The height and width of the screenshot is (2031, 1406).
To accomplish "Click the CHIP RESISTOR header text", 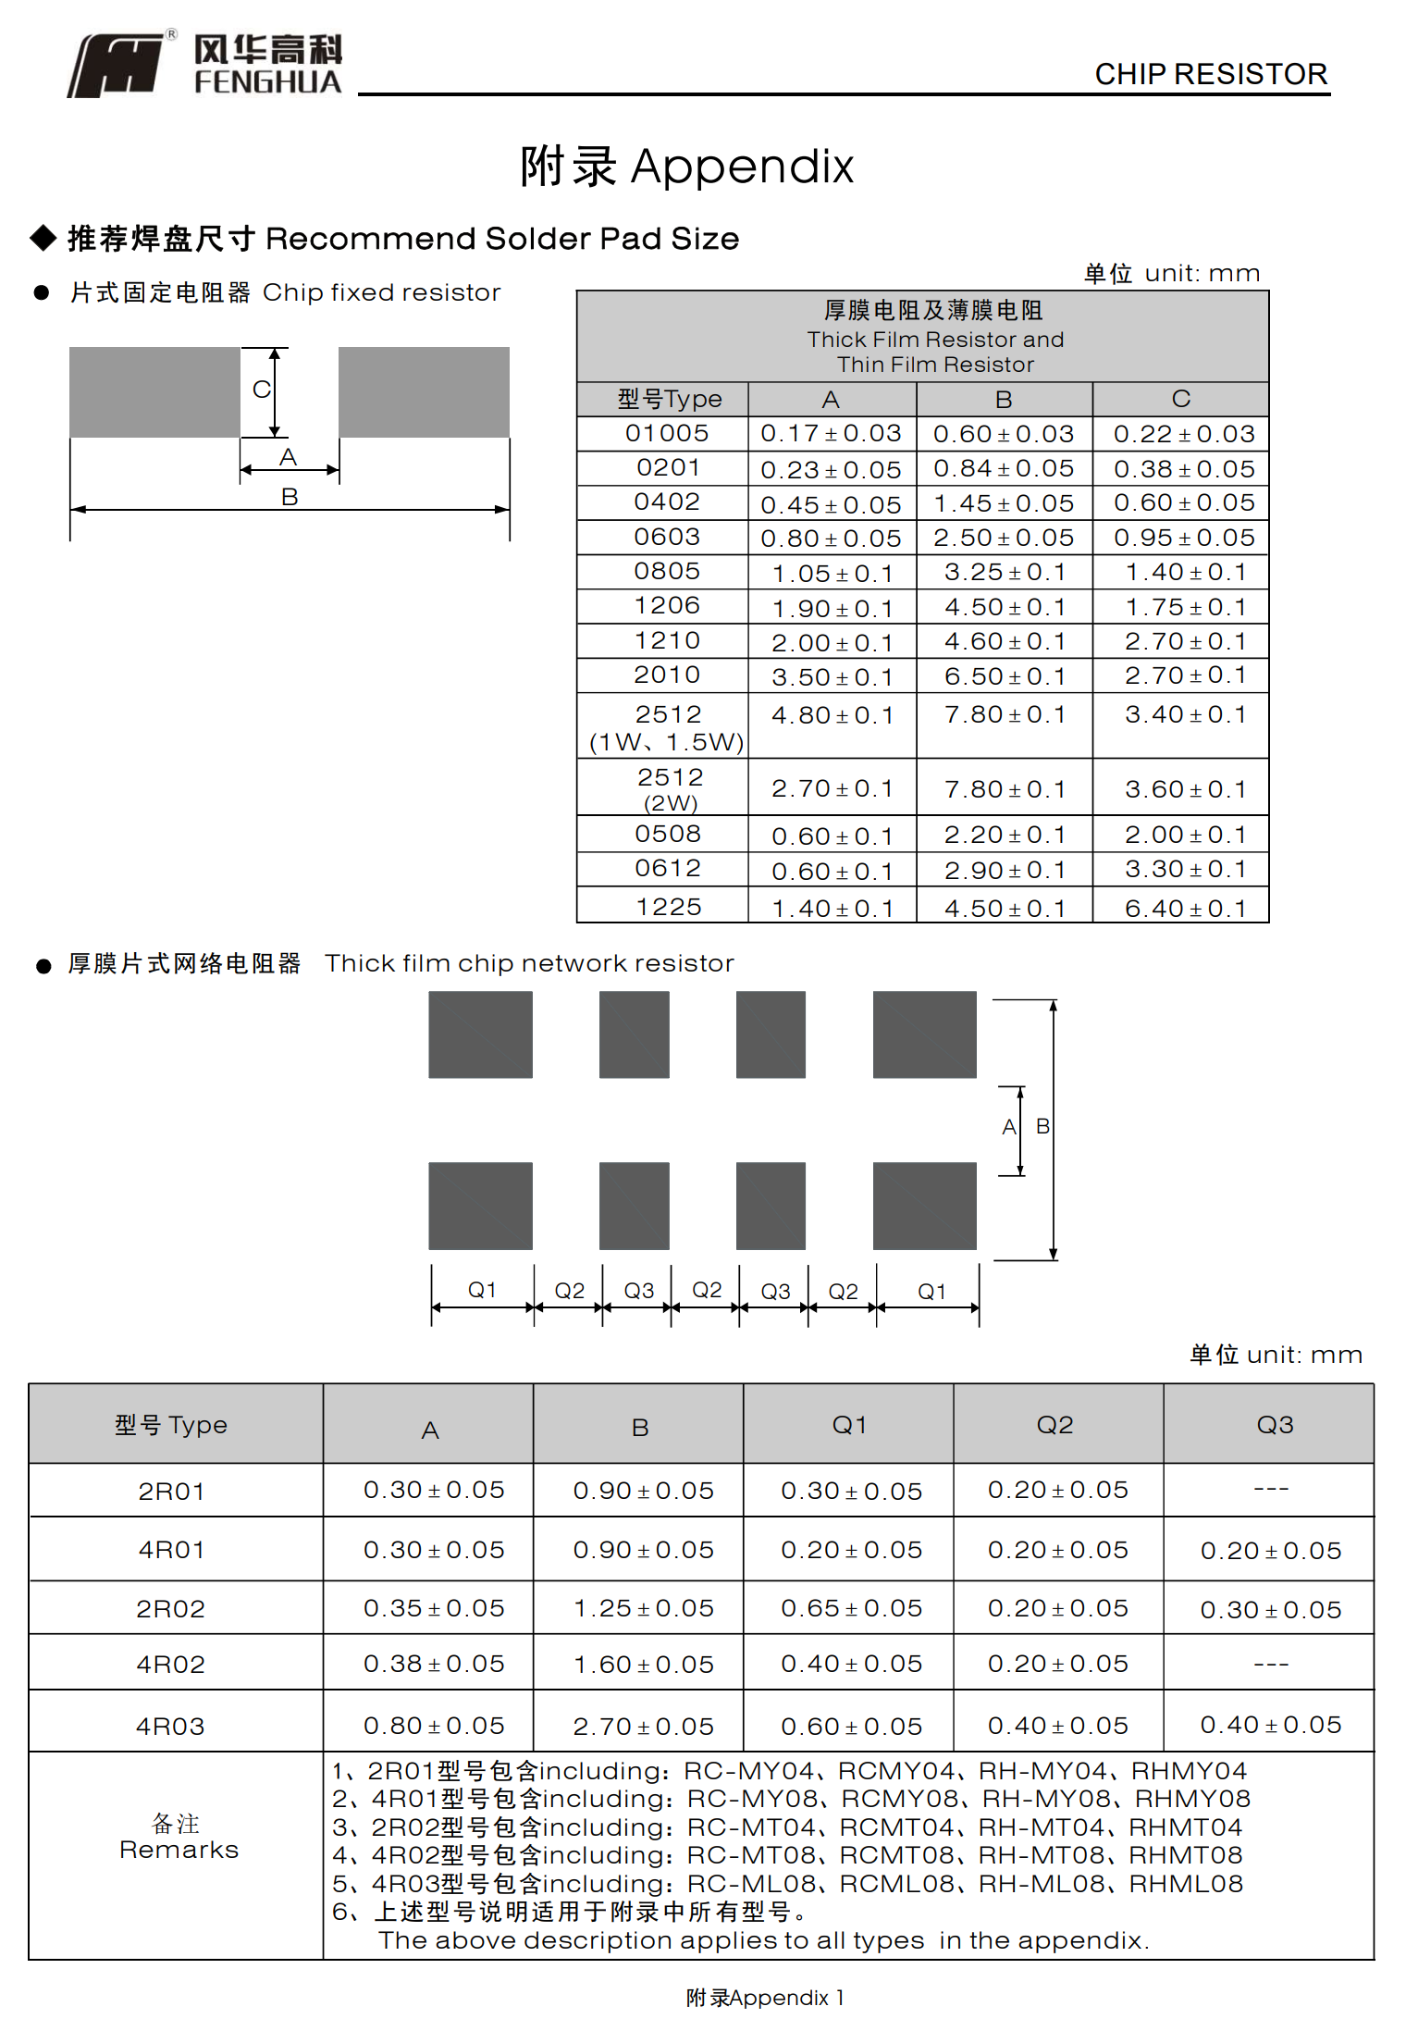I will coord(1210,74).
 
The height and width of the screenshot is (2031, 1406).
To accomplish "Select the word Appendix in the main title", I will coord(741,167).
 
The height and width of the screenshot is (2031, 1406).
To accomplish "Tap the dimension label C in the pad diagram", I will coord(262,390).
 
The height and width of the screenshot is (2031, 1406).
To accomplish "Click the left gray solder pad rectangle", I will coord(154,391).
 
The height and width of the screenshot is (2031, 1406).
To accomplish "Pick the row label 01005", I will coord(666,433).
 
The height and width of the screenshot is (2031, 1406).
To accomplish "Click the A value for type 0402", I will coord(830,505).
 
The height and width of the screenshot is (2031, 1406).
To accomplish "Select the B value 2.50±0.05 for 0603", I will coord(1003,539).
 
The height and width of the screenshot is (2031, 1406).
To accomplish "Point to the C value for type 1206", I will coord(1184,608).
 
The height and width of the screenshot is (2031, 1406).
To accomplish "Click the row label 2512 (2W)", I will coord(670,788).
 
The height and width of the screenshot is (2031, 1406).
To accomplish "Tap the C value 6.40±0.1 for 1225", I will coord(1184,909).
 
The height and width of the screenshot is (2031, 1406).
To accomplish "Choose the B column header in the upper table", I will coord(1003,400).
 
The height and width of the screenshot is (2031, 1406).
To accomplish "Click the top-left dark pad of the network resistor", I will coord(480,1034).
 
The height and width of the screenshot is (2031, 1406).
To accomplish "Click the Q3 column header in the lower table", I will coord(1274,1425).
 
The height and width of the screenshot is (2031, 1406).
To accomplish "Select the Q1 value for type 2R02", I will coord(851,1608).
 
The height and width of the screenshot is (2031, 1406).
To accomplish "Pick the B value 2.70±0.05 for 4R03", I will coord(643,1727).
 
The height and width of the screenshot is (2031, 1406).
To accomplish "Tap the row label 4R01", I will coord(171,1550).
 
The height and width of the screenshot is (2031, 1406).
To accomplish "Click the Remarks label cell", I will coord(178,1838).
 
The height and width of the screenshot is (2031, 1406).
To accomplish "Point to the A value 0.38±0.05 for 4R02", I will coord(433,1665).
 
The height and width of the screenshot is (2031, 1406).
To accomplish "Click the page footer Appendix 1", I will coord(764,1998).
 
